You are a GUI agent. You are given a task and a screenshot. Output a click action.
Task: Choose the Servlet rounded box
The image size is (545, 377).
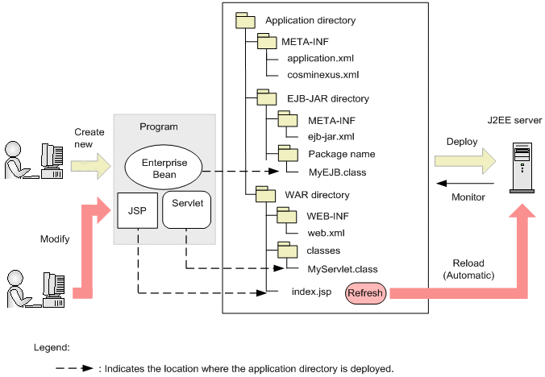(x=187, y=209)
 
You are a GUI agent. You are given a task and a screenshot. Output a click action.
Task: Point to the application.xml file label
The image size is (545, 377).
(x=320, y=58)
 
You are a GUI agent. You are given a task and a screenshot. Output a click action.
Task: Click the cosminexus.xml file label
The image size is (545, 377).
(x=322, y=75)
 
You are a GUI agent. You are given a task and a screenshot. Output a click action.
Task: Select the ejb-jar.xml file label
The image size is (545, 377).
(x=331, y=137)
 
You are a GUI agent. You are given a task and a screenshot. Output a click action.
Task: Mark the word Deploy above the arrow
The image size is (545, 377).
(x=462, y=142)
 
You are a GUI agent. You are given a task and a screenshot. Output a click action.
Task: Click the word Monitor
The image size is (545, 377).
(x=468, y=197)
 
